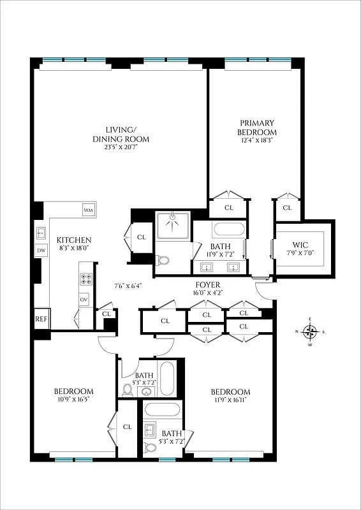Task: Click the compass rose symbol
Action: click(310, 331)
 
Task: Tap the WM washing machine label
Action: click(87, 210)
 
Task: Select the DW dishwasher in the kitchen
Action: click(41, 251)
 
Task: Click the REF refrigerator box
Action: click(41, 319)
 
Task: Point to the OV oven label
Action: click(84, 299)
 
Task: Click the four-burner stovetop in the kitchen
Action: click(84, 279)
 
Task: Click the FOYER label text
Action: click(208, 285)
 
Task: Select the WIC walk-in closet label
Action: click(300, 245)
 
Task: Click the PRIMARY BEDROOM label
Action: click(257, 127)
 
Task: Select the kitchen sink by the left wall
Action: click(41, 233)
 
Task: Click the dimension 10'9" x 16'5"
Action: click(73, 401)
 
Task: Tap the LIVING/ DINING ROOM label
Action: click(121, 131)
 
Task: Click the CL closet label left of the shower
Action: click(142, 238)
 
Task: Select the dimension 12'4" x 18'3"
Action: click(257, 141)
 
